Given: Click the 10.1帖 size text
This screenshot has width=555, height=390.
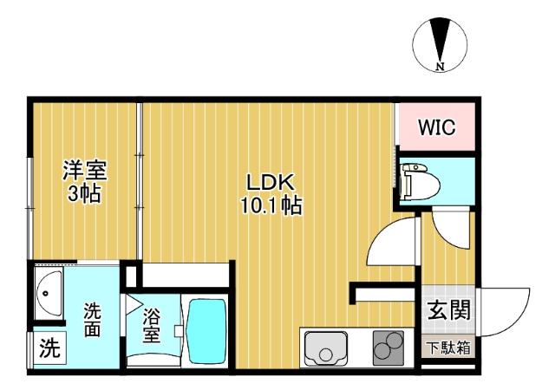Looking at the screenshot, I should click(x=272, y=207).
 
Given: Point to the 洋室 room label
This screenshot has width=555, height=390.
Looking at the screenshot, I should click(x=84, y=170).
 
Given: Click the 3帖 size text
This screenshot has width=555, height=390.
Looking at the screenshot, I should click(x=84, y=193).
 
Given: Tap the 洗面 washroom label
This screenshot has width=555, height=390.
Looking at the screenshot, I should click(x=93, y=320).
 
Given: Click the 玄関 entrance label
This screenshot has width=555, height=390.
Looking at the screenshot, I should click(x=448, y=309).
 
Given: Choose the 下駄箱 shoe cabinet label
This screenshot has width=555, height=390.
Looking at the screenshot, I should click(x=448, y=348).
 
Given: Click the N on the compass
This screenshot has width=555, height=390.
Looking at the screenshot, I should click(x=440, y=66).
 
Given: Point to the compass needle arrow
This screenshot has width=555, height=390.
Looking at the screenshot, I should click(x=440, y=42).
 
